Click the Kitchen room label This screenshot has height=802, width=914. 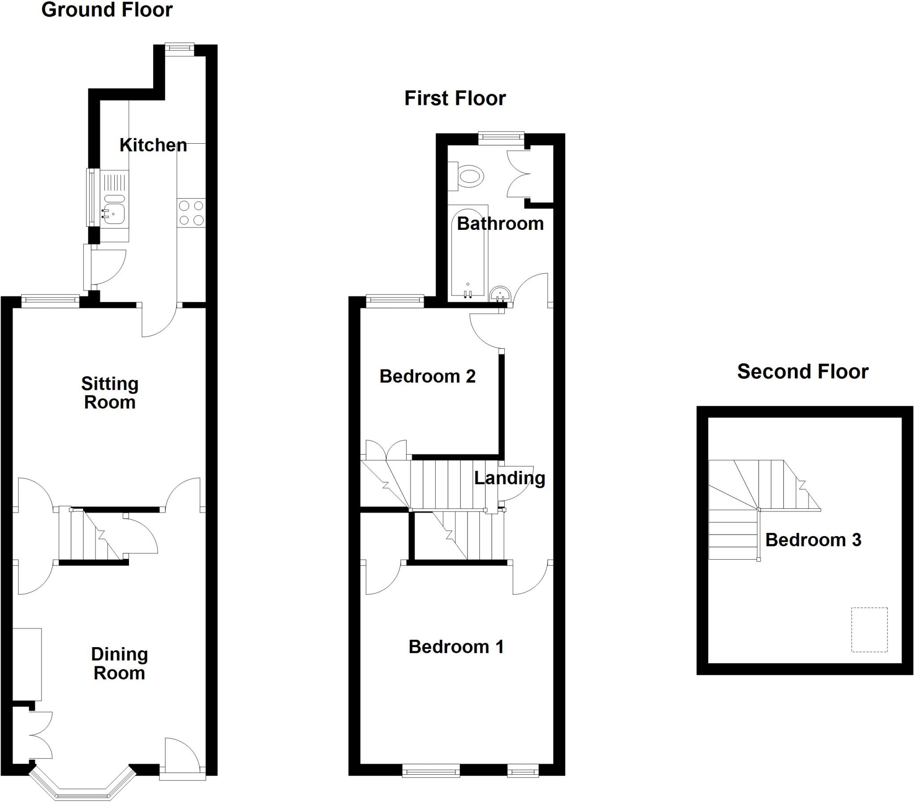(153, 145)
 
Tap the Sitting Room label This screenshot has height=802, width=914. (109, 393)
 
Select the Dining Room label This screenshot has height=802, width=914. (120, 663)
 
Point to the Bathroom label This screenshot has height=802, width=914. (500, 224)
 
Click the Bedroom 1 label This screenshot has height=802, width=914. (456, 647)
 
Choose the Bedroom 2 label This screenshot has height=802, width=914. (427, 376)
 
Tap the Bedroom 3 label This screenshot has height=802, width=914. (813, 540)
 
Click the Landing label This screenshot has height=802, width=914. (509, 478)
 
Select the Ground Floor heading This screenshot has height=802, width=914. (106, 10)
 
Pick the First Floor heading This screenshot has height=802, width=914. (455, 98)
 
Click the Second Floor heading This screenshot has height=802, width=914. (802, 372)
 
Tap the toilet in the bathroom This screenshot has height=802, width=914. (468, 176)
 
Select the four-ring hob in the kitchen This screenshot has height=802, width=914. (191, 213)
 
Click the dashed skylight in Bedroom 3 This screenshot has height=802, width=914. (869, 630)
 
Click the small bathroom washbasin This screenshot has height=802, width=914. (500, 295)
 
